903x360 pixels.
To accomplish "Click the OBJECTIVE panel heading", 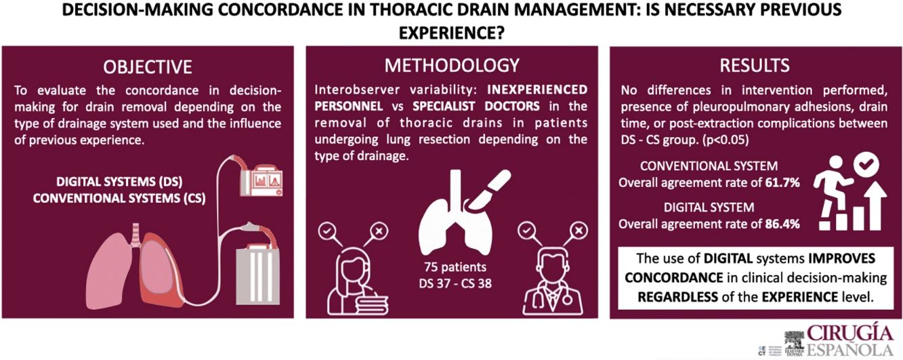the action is (147, 66).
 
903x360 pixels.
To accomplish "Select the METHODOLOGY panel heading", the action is (452, 65).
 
